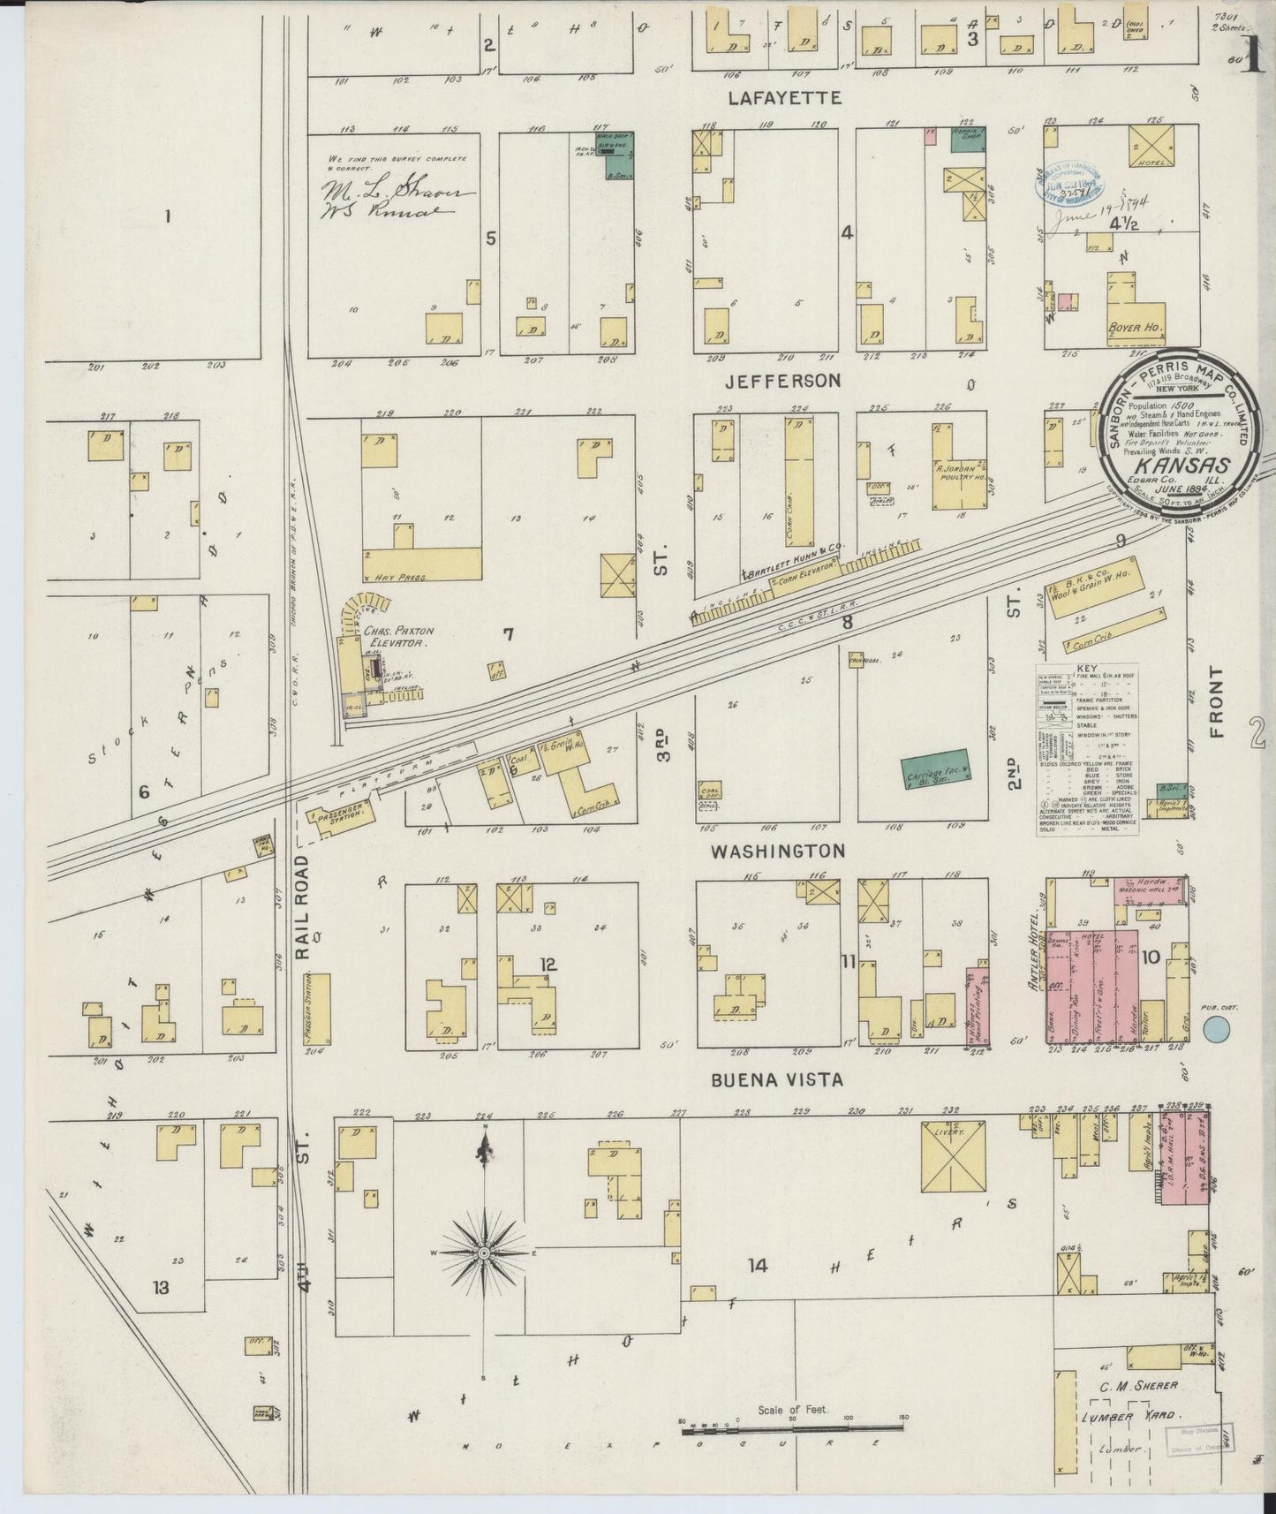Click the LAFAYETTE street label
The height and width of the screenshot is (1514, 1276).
784,97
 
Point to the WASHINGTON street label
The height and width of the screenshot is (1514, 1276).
778,851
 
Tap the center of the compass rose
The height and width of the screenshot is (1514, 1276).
485,1253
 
